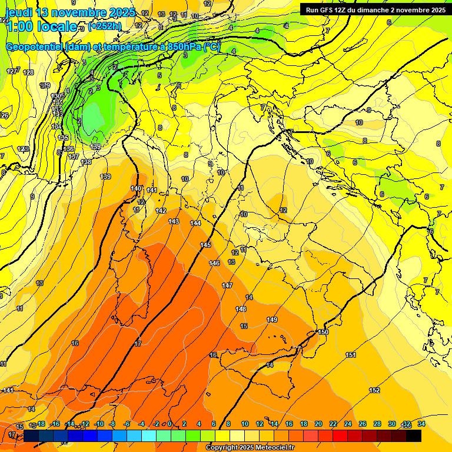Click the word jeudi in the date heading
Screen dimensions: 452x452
(x=18, y=12)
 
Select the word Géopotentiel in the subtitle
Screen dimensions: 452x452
(x=35, y=46)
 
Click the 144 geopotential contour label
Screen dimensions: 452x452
(x=196, y=224)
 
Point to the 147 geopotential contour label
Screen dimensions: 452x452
(x=227, y=285)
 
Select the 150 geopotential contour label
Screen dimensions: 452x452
(x=323, y=333)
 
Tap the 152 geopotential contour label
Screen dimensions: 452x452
(x=374, y=390)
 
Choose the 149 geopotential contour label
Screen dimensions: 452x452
(x=272, y=320)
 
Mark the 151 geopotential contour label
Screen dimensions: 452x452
(x=351, y=355)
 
